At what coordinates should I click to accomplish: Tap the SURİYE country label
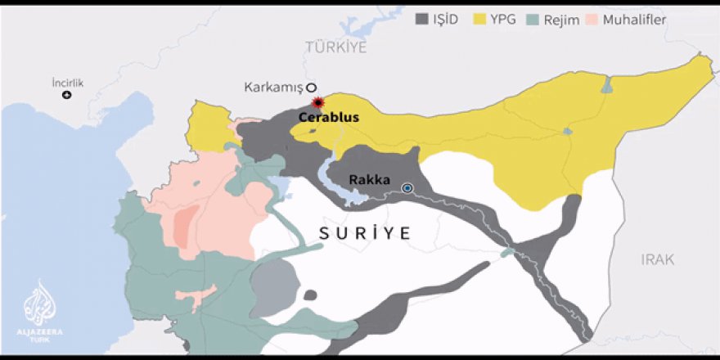[x=364, y=233]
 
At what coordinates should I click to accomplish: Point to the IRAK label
[x=658, y=259]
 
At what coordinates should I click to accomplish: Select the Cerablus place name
[x=328, y=118]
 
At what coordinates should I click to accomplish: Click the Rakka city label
[x=369, y=180]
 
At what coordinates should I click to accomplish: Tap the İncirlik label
[x=68, y=83]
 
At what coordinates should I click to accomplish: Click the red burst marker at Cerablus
[x=317, y=102]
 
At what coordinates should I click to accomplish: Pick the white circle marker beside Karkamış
[x=311, y=88]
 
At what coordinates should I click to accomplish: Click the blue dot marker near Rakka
[x=407, y=188]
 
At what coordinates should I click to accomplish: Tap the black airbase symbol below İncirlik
[x=67, y=95]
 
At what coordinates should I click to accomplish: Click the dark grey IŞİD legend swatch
[x=423, y=18]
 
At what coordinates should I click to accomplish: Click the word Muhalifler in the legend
[x=636, y=18]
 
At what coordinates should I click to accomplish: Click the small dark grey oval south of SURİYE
[x=310, y=295]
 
